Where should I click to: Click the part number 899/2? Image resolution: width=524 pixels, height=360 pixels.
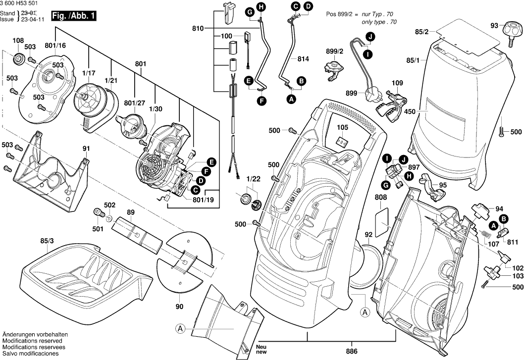coord(335,51)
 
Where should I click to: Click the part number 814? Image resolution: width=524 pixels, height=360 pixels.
coord(303,59)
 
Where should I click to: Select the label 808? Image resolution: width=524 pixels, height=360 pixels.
coord(381,198)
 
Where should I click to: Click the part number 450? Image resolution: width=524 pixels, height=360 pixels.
coord(410,112)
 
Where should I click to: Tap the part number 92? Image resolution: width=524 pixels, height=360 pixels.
coord(368,234)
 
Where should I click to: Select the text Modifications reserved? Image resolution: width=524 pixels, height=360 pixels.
coord(32,341)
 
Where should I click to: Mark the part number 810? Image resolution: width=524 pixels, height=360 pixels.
coord(198,30)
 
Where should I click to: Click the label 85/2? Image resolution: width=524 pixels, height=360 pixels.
coord(422,32)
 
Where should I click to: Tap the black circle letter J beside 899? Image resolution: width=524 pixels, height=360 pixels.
coord(369,36)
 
